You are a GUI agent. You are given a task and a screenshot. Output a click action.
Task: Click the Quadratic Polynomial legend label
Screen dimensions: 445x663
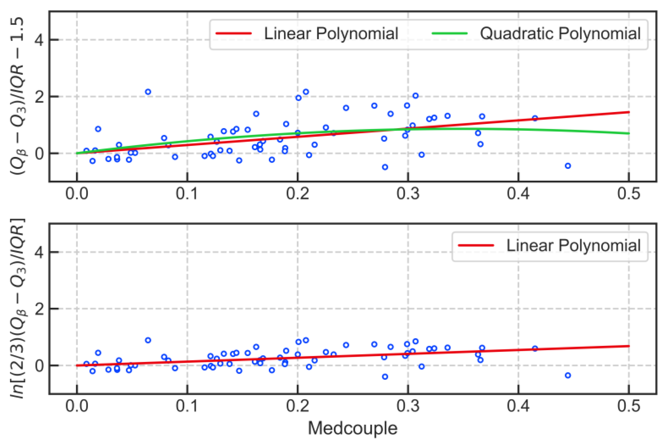(x=560, y=34)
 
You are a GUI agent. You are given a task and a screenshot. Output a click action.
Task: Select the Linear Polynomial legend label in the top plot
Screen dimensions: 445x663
(x=331, y=34)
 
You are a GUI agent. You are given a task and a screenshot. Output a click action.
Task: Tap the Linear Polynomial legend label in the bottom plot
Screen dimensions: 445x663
(x=573, y=245)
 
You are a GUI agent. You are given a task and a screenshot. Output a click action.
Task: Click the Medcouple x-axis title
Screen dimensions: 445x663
(x=352, y=428)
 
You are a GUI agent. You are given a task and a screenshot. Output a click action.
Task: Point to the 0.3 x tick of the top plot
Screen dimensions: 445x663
(x=408, y=194)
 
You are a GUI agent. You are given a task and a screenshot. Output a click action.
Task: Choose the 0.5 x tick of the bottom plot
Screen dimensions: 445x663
(x=629, y=406)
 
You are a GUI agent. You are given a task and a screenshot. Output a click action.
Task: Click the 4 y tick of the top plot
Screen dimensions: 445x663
(x=39, y=40)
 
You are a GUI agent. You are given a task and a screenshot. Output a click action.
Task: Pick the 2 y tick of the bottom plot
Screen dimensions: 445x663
(x=39, y=309)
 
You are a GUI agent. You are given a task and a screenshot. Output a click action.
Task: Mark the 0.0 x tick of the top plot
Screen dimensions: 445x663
(x=77, y=194)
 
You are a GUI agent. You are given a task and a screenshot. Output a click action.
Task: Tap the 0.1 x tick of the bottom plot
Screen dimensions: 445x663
(x=187, y=406)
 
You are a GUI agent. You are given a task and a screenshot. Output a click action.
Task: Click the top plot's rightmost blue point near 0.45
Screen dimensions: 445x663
(x=568, y=166)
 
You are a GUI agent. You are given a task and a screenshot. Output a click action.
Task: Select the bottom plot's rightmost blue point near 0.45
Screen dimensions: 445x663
(x=568, y=375)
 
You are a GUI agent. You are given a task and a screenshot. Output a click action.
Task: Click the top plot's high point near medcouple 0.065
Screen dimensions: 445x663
(x=148, y=92)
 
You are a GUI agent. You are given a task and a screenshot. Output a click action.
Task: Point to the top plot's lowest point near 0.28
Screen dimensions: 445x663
(x=385, y=167)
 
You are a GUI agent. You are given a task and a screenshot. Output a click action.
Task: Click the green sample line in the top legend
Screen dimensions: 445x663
(x=450, y=34)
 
